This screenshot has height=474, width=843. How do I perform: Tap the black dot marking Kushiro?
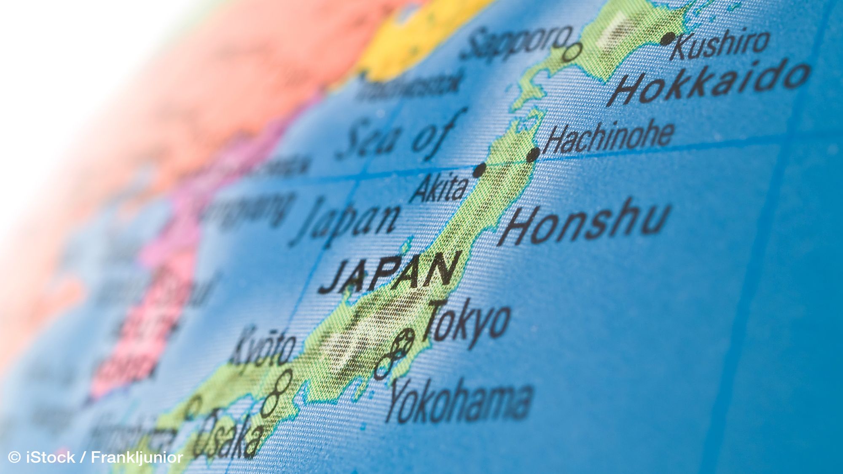pos(667,39)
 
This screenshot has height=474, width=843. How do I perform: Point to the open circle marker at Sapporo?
pos(572,52)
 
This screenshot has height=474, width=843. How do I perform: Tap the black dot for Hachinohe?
pos(533,155)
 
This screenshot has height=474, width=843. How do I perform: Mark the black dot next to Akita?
pos(479,170)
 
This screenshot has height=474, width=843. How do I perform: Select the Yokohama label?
pos(459,400)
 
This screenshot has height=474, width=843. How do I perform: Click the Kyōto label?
pos(263,348)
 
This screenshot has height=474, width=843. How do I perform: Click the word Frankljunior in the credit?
pos(137,457)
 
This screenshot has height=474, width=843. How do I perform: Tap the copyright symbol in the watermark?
pos(14,457)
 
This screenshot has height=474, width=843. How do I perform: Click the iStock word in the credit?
pos(51,457)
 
